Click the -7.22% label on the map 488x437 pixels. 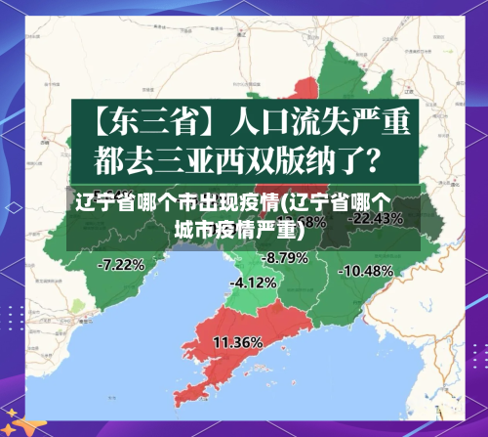122,264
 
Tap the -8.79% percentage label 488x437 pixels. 285,257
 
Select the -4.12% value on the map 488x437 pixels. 253,283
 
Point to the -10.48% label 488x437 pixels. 368,270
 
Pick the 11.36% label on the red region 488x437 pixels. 236,342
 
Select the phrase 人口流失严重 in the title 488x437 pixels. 316,122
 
